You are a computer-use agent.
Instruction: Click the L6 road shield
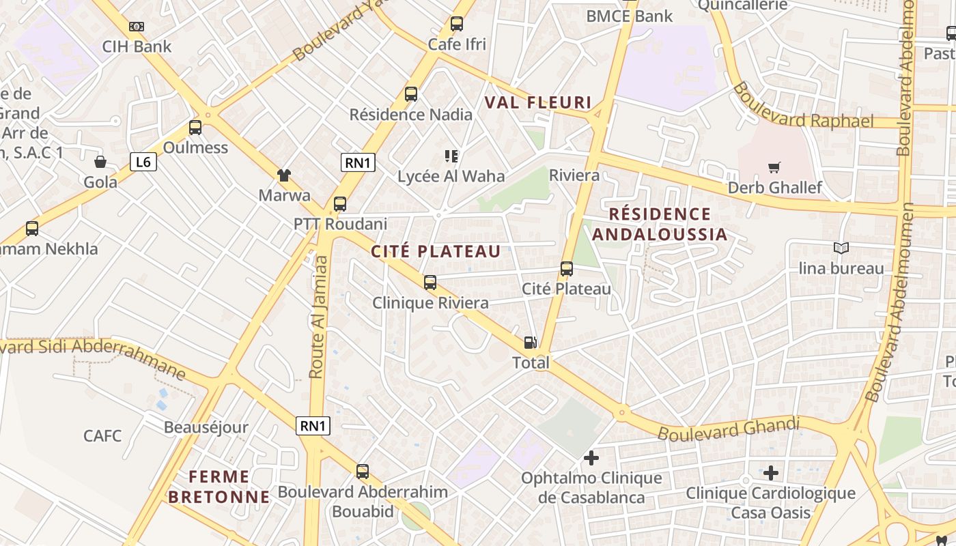click(143, 162)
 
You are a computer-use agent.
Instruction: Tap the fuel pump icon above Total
click(530, 343)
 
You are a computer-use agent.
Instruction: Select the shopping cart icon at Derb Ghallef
click(774, 167)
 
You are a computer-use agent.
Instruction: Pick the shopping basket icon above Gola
click(100, 162)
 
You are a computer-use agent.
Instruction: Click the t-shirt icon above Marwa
click(284, 175)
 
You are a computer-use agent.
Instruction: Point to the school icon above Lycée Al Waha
click(451, 156)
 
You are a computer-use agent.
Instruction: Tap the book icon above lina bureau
click(841, 248)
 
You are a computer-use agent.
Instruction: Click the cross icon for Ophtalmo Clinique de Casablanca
click(591, 458)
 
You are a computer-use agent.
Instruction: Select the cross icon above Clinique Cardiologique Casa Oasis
click(771, 472)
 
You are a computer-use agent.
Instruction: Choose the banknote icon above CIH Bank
click(137, 27)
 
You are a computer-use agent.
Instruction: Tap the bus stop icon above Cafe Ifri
click(457, 24)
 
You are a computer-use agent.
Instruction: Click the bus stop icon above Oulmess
click(195, 128)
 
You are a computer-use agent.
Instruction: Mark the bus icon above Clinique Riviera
click(430, 282)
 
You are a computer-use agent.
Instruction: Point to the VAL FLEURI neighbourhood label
click(537, 103)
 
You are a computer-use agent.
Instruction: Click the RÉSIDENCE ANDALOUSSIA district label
click(660, 225)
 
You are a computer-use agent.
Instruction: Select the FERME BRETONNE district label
click(219, 487)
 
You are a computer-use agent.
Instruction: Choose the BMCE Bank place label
click(630, 16)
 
